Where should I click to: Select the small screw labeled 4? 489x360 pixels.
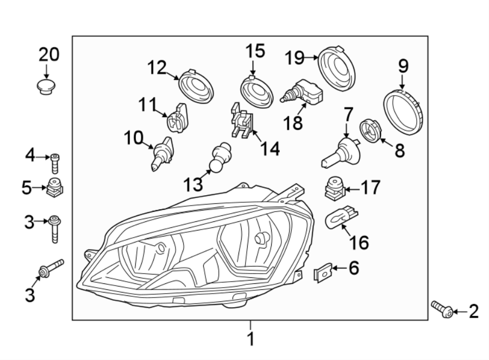54,162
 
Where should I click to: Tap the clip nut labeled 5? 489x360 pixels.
54,188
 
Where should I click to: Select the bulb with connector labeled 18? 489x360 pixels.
302,93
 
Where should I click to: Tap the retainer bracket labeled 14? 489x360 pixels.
241,122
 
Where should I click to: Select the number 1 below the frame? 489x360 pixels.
250,340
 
